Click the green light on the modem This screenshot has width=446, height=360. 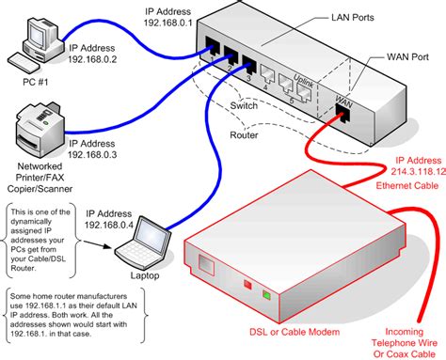pos(267,298)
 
